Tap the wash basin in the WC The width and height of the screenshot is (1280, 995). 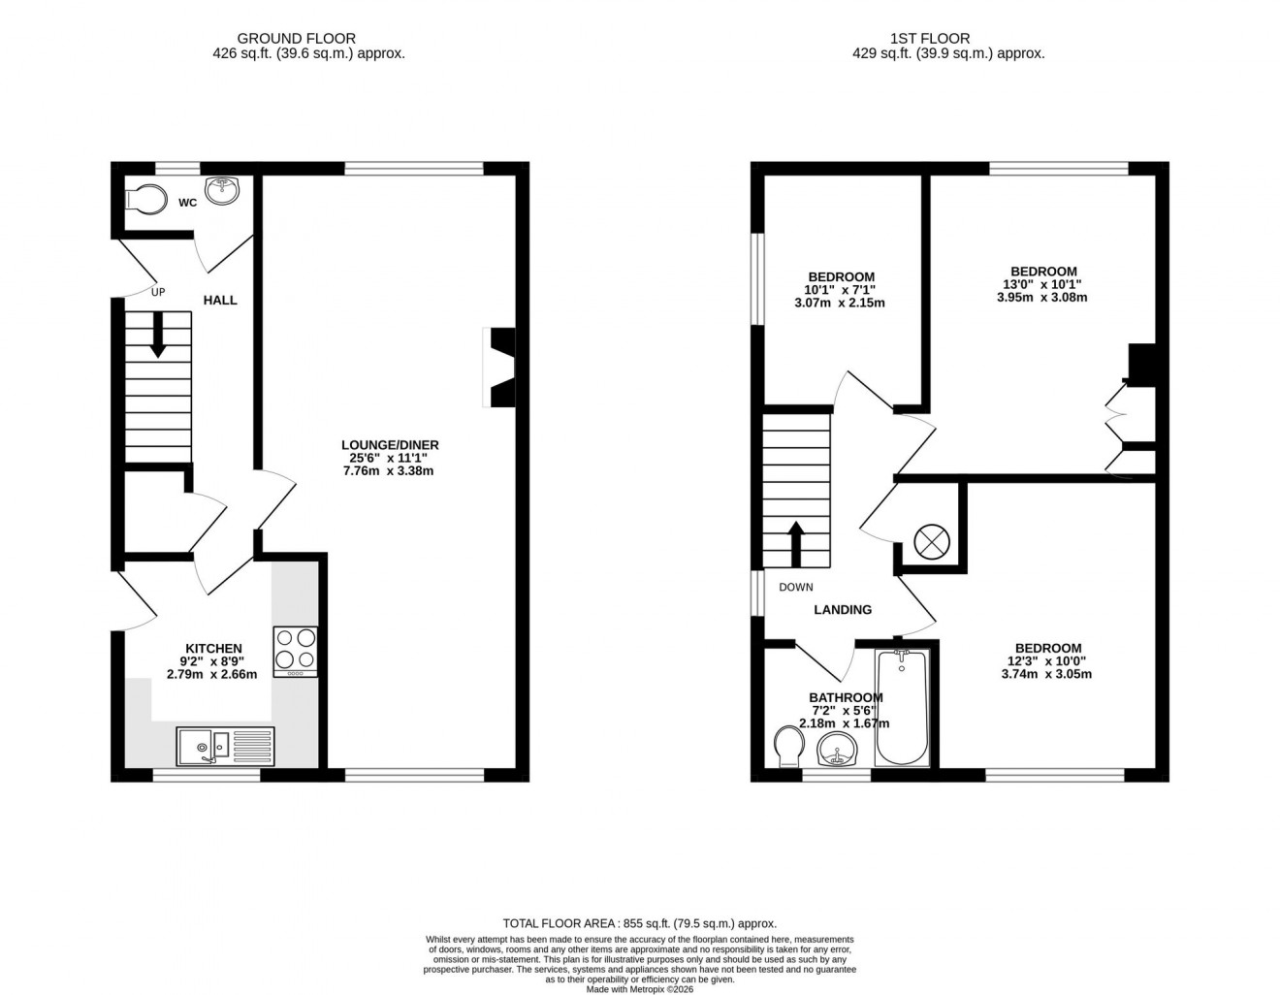pyautogui.click(x=222, y=189)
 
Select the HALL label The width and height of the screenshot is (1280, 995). pyautogui.click(x=220, y=301)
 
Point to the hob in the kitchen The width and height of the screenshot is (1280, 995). pyautogui.click(x=295, y=651)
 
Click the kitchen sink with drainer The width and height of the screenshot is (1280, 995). pyautogui.click(x=226, y=747)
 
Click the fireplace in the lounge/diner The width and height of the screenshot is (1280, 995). pyautogui.click(x=501, y=369)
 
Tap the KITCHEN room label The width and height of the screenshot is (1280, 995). pyautogui.click(x=213, y=649)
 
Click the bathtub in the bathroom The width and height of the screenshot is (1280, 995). pyautogui.click(x=902, y=708)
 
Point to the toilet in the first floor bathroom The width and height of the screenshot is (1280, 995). pyautogui.click(x=789, y=747)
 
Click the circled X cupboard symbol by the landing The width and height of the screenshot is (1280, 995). pyautogui.click(x=930, y=540)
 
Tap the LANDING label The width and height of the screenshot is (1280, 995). pyautogui.click(x=842, y=610)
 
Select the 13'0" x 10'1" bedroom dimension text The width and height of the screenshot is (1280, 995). pyautogui.click(x=1042, y=285)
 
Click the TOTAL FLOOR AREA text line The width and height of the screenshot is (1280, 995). pyautogui.click(x=639, y=924)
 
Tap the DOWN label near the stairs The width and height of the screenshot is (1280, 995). pyautogui.click(x=796, y=588)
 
